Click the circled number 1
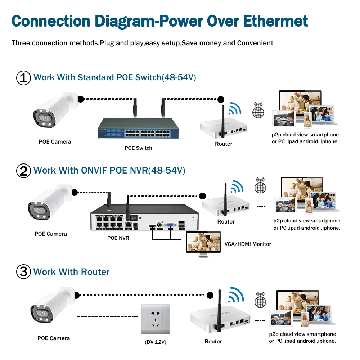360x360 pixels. tap(24, 78)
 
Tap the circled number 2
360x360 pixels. tap(24, 171)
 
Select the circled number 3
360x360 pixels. tap(24, 272)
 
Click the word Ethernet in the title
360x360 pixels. tap(276, 21)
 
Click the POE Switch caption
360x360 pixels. tap(139, 148)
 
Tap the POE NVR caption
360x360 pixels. tap(118, 238)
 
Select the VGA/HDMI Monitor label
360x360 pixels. tap(247, 244)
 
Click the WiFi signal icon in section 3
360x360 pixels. tap(237, 296)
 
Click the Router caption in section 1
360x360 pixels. tap(224, 144)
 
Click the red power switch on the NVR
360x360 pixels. tap(136, 217)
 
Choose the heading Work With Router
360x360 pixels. tap(71, 272)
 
